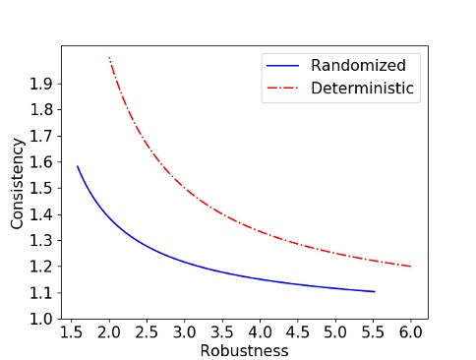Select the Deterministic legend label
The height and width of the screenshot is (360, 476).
coord(364,89)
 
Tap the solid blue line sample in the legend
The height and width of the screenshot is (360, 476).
coord(282,66)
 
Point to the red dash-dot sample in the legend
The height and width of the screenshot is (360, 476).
coord(282,89)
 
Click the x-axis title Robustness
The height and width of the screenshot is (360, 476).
coord(244,349)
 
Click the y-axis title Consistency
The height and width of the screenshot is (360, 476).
coord(17,183)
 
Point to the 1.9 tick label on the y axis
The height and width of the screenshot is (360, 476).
coord(40,84)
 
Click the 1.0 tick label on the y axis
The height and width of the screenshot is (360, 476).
coord(40,319)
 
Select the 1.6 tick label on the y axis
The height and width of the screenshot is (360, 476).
coord(40,162)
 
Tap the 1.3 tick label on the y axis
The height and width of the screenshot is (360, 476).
coord(40,241)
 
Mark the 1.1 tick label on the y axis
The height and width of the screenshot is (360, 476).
coord(40,293)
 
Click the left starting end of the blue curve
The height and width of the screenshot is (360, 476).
coord(77,166)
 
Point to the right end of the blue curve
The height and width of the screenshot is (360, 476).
coord(375,291)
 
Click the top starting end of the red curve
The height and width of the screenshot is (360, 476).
coord(108,58)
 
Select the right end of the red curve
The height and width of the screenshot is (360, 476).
coord(411,267)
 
